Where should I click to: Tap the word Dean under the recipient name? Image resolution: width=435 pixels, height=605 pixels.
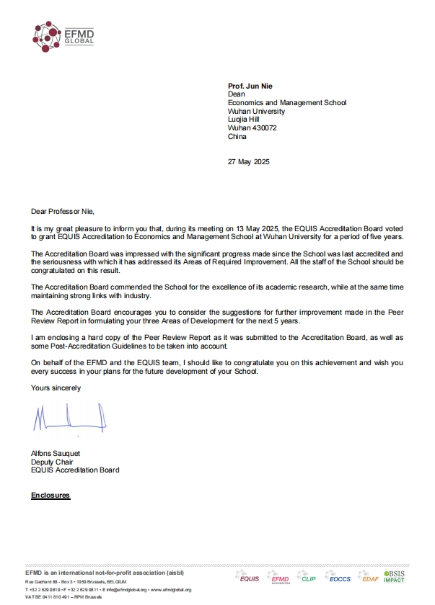point(235,94)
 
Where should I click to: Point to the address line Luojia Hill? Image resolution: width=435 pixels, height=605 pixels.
point(244,120)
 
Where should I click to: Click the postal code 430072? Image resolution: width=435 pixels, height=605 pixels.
point(264,127)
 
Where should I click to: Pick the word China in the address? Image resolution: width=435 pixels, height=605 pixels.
point(237,136)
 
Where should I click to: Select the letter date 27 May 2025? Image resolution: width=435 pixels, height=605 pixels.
point(248,161)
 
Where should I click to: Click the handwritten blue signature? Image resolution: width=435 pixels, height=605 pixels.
point(69,418)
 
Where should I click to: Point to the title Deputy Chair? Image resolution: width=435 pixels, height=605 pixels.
point(51,462)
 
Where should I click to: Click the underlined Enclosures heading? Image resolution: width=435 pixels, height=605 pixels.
point(50,496)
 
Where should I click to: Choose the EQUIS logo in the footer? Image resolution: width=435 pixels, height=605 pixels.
point(249,578)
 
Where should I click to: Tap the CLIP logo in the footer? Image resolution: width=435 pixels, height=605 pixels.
point(308,578)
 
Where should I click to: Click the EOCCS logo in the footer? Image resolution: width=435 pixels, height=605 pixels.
point(338,578)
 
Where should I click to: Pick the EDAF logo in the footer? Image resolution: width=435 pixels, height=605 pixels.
point(370,578)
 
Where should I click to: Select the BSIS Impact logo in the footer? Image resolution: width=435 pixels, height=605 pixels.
point(394,576)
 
